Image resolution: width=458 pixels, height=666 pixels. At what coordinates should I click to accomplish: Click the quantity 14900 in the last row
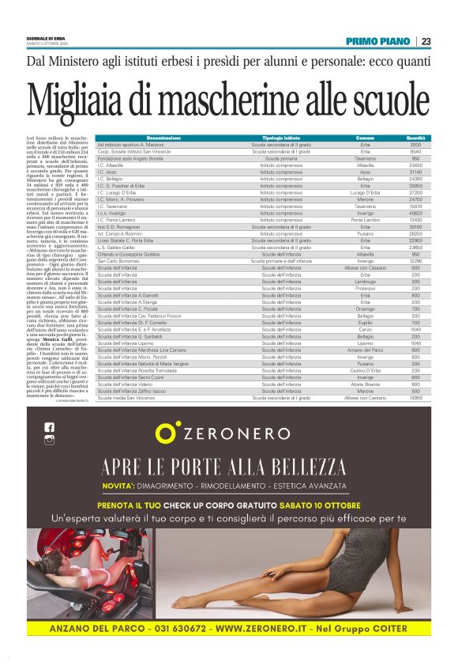[415, 398]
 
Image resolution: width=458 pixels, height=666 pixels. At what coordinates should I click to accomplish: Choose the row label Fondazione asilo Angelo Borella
[130, 158]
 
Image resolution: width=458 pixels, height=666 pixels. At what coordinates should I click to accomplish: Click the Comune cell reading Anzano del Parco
[365, 350]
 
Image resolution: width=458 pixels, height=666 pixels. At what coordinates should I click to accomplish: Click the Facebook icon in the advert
[50, 427]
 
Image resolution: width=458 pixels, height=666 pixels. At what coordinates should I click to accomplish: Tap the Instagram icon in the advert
[50, 441]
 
